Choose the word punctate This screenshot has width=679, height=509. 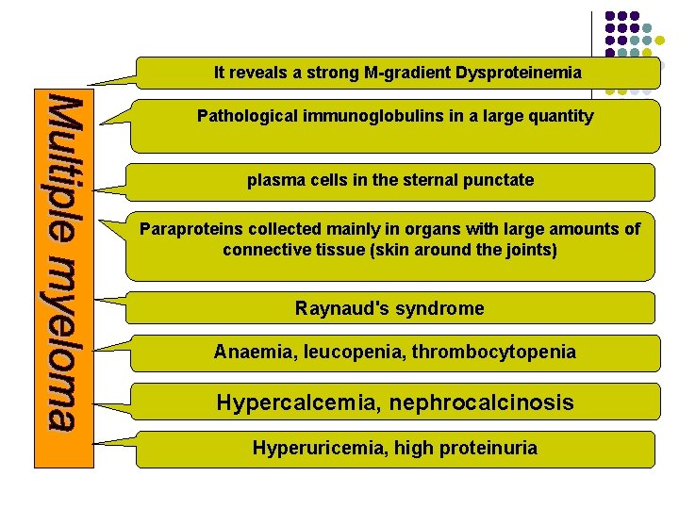(x=500, y=180)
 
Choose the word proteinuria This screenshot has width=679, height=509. (x=489, y=449)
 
